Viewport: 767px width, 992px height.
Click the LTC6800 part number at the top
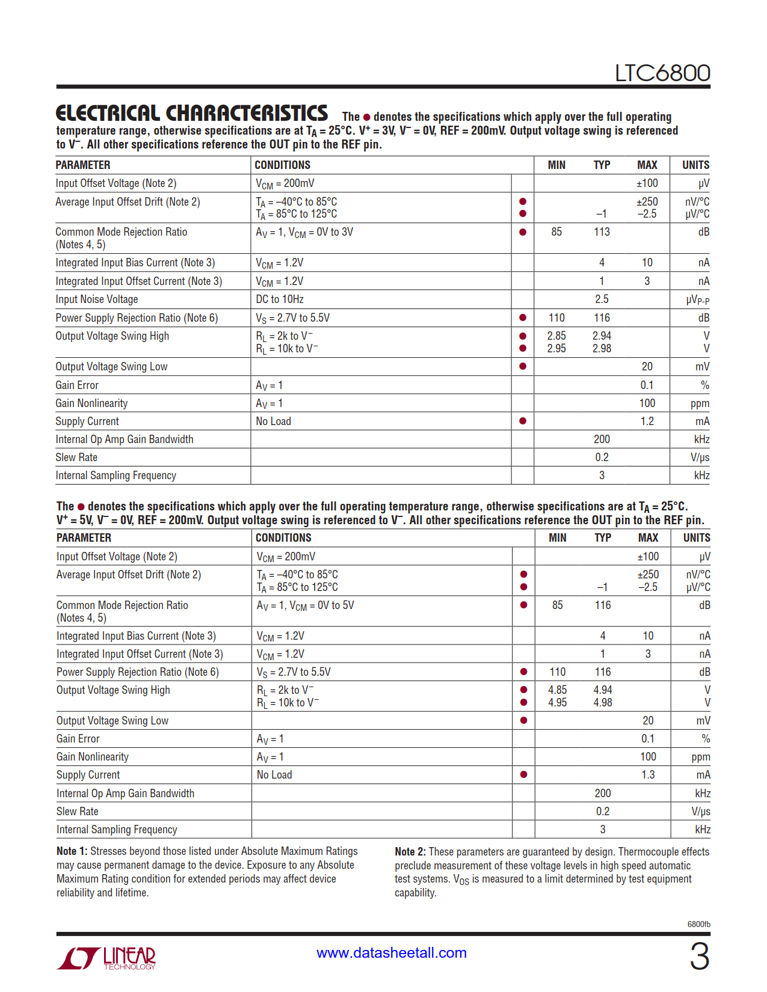[662, 73]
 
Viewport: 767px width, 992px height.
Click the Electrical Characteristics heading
[191, 113]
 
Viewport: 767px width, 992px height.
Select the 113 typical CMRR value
[602, 232]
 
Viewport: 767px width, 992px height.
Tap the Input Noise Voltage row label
[97, 299]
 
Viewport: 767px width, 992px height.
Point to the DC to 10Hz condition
[280, 299]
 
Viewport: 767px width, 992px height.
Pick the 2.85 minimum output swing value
[556, 336]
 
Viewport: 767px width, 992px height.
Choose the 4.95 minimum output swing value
[557, 703]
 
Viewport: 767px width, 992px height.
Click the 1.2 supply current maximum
[647, 421]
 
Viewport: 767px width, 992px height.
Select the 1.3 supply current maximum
[648, 775]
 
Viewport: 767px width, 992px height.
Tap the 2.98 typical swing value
[602, 349]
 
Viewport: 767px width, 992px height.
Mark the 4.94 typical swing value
[603, 690]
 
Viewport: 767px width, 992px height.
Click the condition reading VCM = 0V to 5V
[306, 606]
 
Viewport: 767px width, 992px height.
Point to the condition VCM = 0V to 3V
[304, 233]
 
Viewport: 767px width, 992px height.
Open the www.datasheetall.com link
[392, 953]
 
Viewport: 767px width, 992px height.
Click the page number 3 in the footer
[699, 957]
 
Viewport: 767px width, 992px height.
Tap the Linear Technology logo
[106, 958]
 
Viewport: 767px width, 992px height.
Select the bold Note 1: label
[72, 851]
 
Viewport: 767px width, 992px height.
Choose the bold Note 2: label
[410, 852]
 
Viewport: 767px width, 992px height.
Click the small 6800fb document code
[698, 924]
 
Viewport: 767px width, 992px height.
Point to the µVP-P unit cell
[697, 300]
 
